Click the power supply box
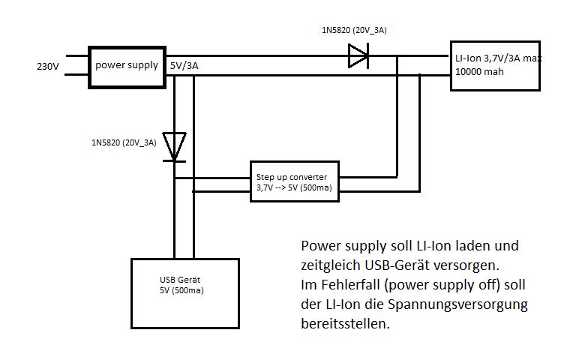[x=126, y=65]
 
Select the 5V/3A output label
[x=184, y=66]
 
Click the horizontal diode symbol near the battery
[x=358, y=55]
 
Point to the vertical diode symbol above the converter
[x=174, y=145]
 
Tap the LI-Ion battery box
[x=495, y=64]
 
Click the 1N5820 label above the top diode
[x=353, y=30]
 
